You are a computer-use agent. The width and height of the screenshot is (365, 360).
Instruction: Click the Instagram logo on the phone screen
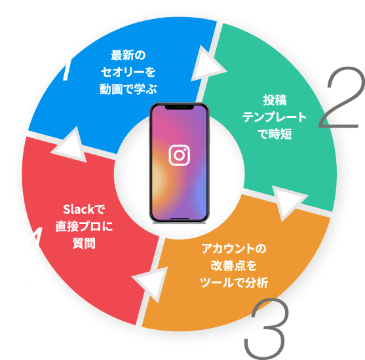[179, 155]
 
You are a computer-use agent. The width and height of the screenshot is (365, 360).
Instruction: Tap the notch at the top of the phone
[180, 107]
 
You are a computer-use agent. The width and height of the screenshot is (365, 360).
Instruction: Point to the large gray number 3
[266, 329]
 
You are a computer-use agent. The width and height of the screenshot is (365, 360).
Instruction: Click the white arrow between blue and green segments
[206, 64]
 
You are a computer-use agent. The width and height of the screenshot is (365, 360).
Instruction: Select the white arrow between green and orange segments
[288, 202]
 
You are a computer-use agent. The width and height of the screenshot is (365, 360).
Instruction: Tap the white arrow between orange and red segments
[152, 283]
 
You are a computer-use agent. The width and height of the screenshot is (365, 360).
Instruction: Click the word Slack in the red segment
[79, 209]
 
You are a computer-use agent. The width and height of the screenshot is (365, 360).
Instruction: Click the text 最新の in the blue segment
[128, 56]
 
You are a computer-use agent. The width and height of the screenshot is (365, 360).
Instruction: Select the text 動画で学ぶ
[128, 89]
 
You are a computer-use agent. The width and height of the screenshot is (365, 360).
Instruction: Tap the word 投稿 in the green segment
[275, 100]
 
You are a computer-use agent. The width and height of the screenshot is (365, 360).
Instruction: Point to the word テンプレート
[275, 117]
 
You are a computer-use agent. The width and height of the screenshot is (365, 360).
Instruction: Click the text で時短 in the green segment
[275, 134]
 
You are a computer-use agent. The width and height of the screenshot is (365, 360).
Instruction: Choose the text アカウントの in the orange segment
[234, 249]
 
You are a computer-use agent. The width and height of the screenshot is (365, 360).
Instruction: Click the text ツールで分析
[234, 283]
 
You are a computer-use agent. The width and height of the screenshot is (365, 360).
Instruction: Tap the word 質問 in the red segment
[84, 243]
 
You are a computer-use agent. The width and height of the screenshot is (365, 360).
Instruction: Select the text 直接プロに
[84, 226]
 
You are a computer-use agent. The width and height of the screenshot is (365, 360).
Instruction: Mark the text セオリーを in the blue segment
[128, 72]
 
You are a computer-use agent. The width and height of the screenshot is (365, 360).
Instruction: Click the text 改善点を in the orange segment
[234, 266]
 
